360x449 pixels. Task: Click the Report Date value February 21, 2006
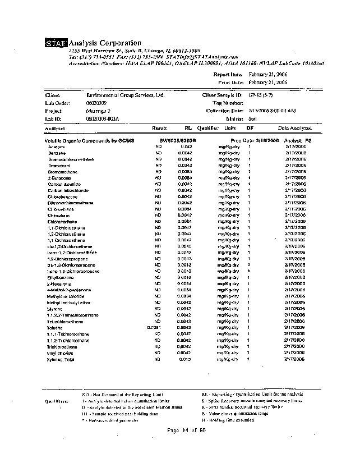268,74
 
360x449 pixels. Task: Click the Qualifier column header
207,129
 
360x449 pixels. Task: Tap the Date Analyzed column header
295,129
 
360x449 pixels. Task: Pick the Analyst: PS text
298,140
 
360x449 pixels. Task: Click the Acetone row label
57,146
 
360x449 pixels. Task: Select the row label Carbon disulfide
65,184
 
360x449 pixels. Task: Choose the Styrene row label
55,309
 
